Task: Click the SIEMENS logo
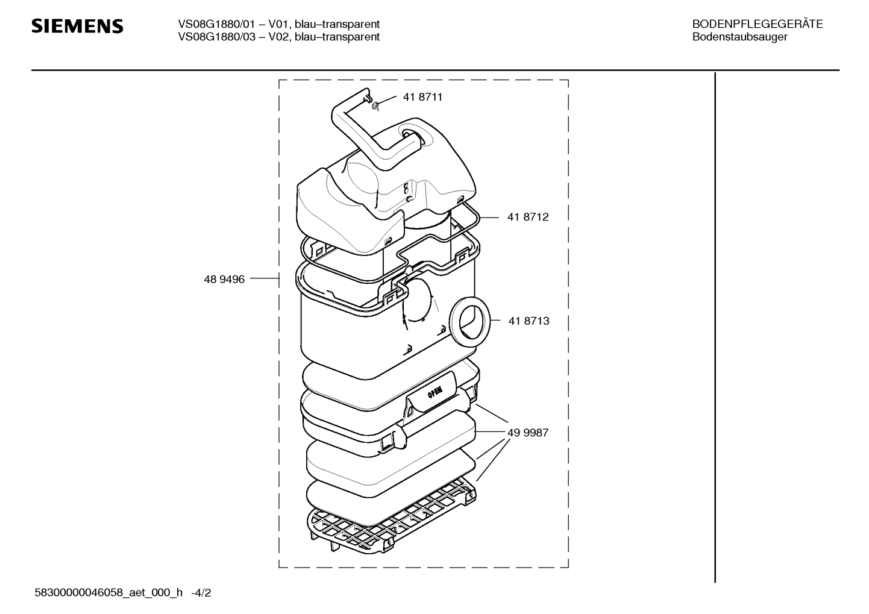tap(77, 27)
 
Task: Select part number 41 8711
tap(422, 97)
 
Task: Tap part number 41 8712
tap(528, 217)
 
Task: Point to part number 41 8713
tap(529, 321)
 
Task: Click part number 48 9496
tap(224, 279)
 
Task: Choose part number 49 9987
tap(528, 433)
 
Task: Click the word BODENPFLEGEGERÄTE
tap(758, 24)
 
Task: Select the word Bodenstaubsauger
tap(740, 37)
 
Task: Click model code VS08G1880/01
tap(216, 24)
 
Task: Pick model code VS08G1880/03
tap(216, 37)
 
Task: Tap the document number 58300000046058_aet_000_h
tap(108, 593)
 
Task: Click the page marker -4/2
tap(201, 593)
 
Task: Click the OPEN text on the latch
tap(434, 392)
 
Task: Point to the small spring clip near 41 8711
tap(375, 105)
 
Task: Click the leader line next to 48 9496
tap(265, 278)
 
